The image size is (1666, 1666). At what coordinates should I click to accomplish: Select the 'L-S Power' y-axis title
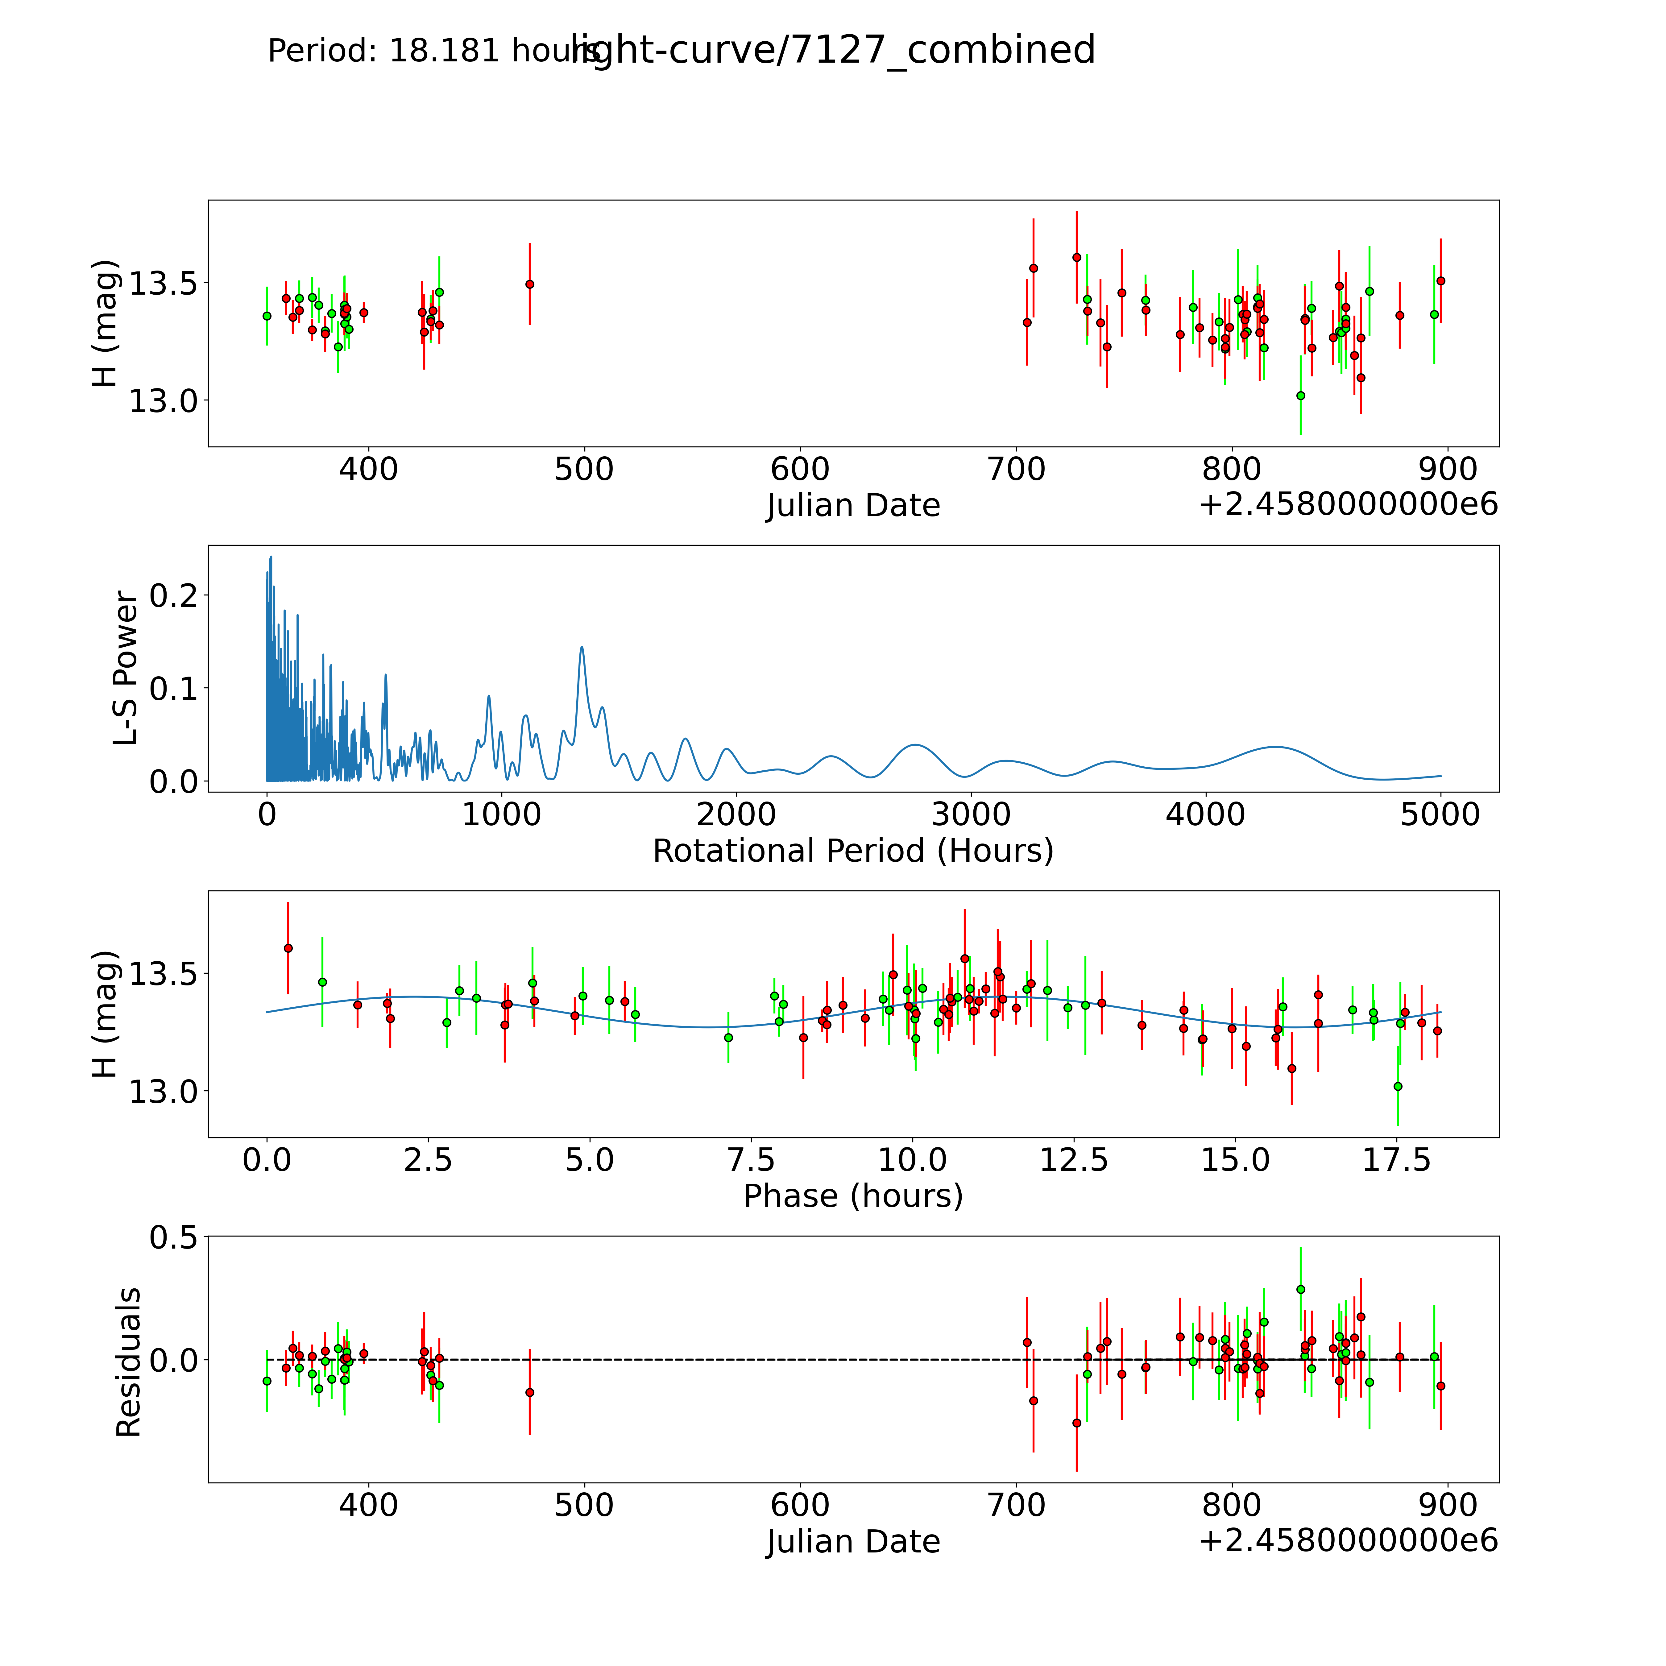(126, 668)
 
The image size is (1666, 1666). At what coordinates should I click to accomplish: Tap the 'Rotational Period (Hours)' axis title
(853, 851)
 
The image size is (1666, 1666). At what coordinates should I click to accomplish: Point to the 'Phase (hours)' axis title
(853, 1196)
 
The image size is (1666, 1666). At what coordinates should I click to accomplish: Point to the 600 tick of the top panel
(800, 470)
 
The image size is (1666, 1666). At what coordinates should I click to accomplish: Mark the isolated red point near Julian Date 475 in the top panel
(529, 284)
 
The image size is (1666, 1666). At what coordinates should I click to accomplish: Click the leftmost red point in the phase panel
(288, 948)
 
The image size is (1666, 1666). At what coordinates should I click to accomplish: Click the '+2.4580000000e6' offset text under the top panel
(1348, 504)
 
